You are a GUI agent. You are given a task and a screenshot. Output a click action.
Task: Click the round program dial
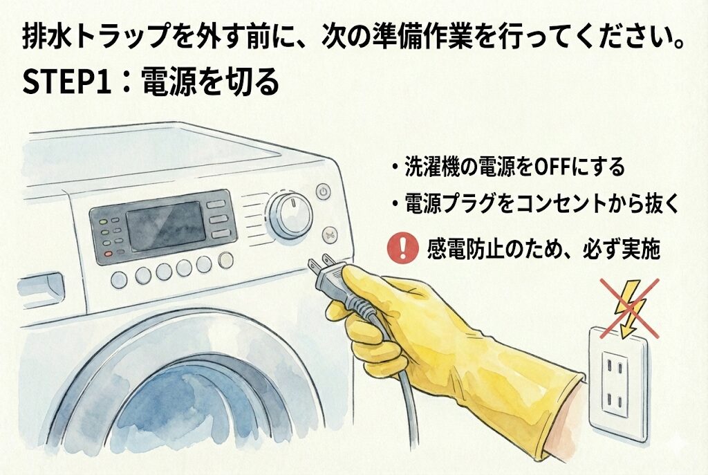point(289,216)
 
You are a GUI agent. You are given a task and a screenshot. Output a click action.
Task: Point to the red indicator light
point(108,253)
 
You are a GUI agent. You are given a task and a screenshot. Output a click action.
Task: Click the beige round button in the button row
point(225,260)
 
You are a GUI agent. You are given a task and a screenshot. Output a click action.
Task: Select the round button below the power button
point(330,235)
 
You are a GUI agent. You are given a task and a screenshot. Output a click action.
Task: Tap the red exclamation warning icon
point(403,248)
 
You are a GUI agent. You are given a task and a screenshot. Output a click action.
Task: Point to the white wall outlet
point(617,383)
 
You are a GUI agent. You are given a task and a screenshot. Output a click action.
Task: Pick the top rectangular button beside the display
point(216,204)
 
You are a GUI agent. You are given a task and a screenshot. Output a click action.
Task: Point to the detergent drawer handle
point(39,290)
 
